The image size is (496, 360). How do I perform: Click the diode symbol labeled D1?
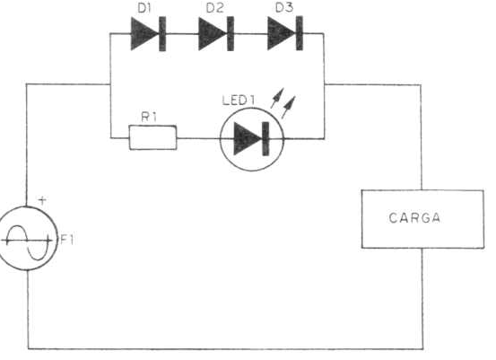[148, 33]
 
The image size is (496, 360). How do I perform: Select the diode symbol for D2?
[216, 33]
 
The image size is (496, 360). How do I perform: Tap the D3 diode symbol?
[285, 33]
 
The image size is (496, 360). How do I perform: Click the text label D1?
[144, 8]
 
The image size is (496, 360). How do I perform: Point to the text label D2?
[214, 8]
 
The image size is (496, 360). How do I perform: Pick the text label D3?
[284, 7]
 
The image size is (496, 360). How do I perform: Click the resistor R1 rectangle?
[153, 137]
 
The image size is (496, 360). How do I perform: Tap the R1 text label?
[149, 117]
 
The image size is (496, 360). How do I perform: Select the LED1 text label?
[239, 101]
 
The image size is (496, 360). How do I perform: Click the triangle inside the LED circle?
[247, 138]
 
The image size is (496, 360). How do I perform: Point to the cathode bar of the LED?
[265, 138]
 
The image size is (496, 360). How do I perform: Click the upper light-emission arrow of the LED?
[277, 98]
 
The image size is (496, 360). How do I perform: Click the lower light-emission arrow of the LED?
[289, 107]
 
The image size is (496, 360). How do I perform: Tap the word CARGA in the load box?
[414, 218]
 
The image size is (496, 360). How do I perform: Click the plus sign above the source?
[42, 200]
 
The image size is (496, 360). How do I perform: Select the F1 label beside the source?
[67, 240]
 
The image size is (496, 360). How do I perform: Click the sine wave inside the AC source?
[27, 241]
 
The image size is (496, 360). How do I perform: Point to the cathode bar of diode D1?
[162, 33]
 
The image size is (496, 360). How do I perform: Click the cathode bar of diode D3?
[300, 33]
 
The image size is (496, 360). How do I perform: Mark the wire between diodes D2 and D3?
[251, 33]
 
